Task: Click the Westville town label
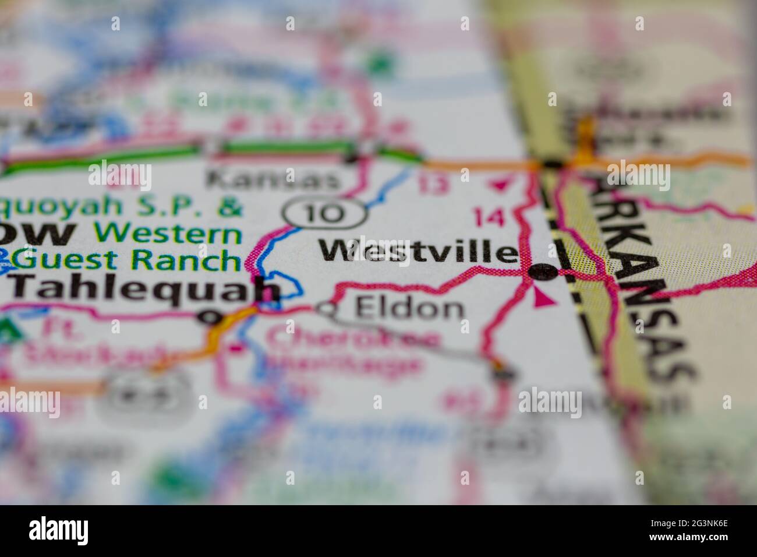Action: (x=418, y=253)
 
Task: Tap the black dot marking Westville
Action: (x=541, y=272)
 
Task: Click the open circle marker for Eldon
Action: (x=327, y=309)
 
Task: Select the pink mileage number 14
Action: (x=489, y=217)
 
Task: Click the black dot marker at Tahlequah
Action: (x=210, y=317)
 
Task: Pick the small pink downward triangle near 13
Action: (x=498, y=186)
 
